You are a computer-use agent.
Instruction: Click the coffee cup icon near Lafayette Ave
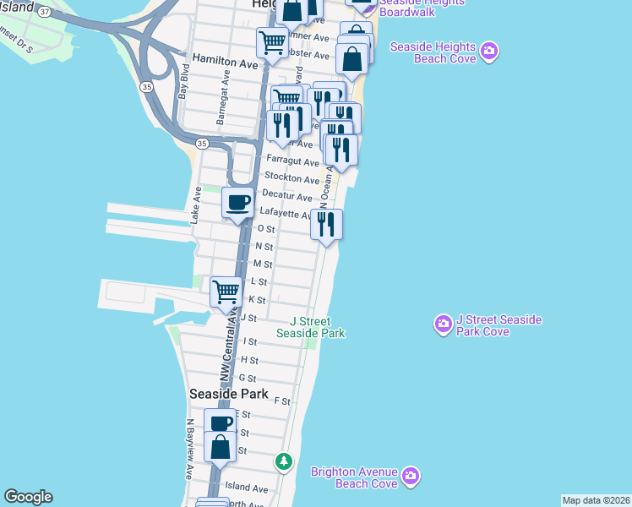(x=237, y=203)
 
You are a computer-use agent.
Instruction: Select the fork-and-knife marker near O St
(x=326, y=224)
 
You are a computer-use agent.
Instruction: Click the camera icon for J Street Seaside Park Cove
(x=443, y=324)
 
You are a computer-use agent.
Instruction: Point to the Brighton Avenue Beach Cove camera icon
(x=411, y=476)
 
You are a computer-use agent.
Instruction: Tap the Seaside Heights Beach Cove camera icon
(x=488, y=53)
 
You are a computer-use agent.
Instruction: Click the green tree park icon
(x=284, y=461)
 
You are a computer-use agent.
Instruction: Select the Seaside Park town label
(x=229, y=394)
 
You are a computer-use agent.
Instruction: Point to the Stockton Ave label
(x=291, y=178)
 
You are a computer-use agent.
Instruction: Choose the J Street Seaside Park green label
(x=311, y=327)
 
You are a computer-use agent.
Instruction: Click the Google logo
(x=28, y=497)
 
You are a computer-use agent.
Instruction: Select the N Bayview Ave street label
(x=191, y=459)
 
